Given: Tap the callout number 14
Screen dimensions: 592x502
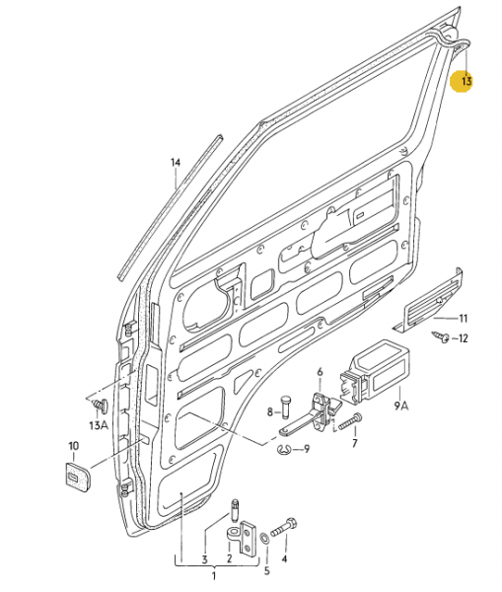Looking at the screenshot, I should tap(176, 162).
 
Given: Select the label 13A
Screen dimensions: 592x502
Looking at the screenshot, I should tap(98, 424).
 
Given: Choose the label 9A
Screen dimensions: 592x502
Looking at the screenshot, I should tap(401, 404).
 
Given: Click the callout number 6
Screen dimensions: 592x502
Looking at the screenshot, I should tap(320, 372).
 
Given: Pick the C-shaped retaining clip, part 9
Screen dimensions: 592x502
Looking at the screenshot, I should tap(285, 451).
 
